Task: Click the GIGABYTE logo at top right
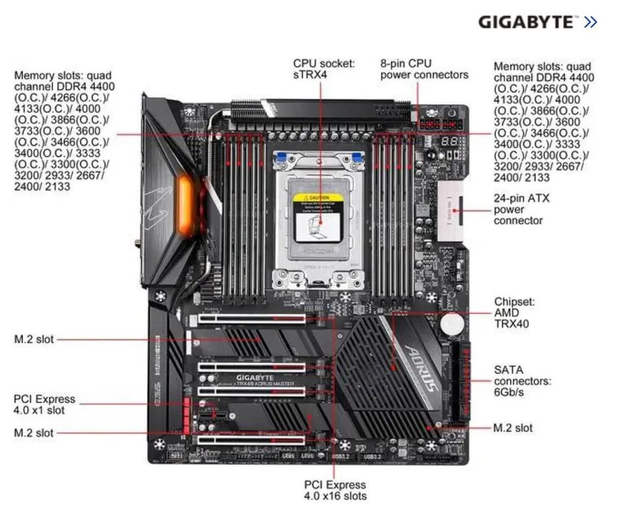pyautogui.click(x=526, y=22)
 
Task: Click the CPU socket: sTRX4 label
pyautogui.click(x=324, y=69)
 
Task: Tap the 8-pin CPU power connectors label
pyautogui.click(x=424, y=69)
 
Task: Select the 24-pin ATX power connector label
pyautogui.click(x=520, y=209)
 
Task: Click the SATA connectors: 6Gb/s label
pyautogui.click(x=522, y=381)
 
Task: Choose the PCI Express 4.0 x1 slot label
pyautogui.click(x=45, y=404)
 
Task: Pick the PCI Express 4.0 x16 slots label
pyautogui.click(x=335, y=490)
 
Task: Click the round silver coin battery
pyautogui.click(x=453, y=323)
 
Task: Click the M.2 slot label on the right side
pyautogui.click(x=513, y=428)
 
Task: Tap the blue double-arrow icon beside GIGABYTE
pyautogui.click(x=589, y=22)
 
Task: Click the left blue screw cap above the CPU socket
pyautogui.click(x=281, y=158)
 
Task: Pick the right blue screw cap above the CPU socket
pyautogui.click(x=358, y=158)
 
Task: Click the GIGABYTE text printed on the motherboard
pyautogui.click(x=255, y=377)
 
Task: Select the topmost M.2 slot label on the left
pyautogui.click(x=34, y=339)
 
